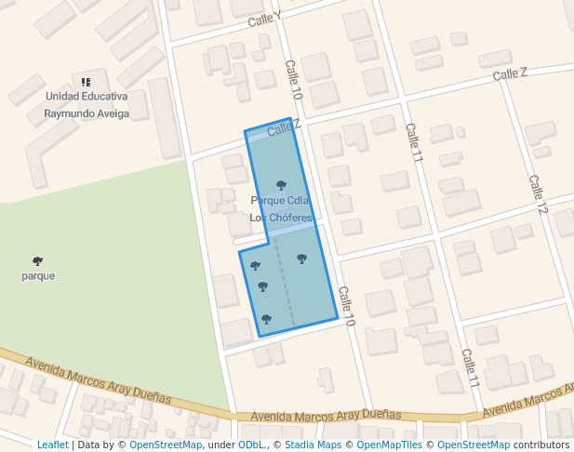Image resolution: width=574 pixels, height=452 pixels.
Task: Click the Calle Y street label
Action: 265,20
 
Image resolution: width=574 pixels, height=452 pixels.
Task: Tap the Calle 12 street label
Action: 538,193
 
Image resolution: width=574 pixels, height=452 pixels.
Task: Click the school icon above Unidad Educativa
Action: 86,82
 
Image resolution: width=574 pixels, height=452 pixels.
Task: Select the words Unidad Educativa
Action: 87,97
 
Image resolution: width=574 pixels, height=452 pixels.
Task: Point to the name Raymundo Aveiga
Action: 87,113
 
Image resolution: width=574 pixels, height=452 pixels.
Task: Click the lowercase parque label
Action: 38,276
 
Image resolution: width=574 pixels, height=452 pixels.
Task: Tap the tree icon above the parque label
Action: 37,261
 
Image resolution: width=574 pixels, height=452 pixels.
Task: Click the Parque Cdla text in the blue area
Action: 280,201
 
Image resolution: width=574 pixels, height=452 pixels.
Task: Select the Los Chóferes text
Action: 280,218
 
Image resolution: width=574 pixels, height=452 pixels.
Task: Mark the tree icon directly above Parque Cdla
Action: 281,185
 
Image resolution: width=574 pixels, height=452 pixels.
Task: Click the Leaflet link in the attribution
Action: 52,445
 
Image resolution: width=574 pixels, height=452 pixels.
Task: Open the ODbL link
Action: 250,445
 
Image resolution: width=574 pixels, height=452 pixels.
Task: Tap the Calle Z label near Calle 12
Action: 510,73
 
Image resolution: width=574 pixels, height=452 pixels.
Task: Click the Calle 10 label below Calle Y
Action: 294,80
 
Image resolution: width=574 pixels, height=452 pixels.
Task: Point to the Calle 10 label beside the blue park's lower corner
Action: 347,306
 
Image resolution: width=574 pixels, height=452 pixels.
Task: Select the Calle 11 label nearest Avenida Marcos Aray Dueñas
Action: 470,368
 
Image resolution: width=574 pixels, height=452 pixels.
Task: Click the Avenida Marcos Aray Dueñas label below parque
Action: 99,379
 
